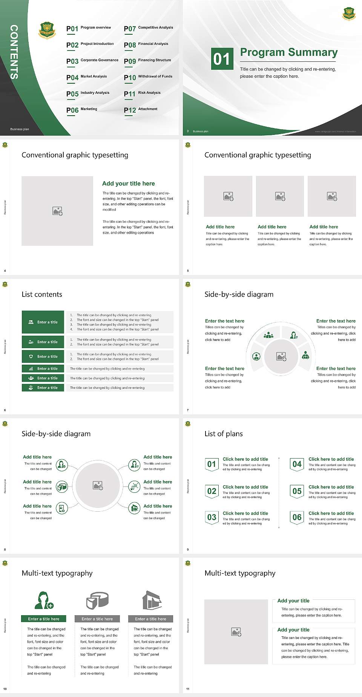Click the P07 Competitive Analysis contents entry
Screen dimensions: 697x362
point(149,28)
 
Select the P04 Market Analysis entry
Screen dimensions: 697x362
point(87,77)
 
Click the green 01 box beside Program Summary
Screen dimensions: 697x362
point(221,59)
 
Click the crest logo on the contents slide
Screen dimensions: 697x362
point(47,30)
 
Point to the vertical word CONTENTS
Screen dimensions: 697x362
point(14,52)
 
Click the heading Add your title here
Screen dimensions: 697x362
point(128,183)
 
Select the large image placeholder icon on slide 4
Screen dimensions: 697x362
point(57,211)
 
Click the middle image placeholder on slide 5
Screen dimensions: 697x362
point(280,196)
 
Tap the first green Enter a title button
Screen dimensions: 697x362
point(43,322)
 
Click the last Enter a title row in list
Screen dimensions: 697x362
point(43,388)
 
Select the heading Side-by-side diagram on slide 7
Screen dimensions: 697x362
point(239,294)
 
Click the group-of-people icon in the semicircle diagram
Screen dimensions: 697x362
point(268,335)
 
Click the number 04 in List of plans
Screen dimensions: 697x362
point(297,464)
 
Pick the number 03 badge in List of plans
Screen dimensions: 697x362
point(212,517)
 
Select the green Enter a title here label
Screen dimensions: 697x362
point(44,619)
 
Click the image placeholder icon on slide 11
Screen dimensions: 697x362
point(236,632)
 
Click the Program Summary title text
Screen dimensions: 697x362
point(289,52)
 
